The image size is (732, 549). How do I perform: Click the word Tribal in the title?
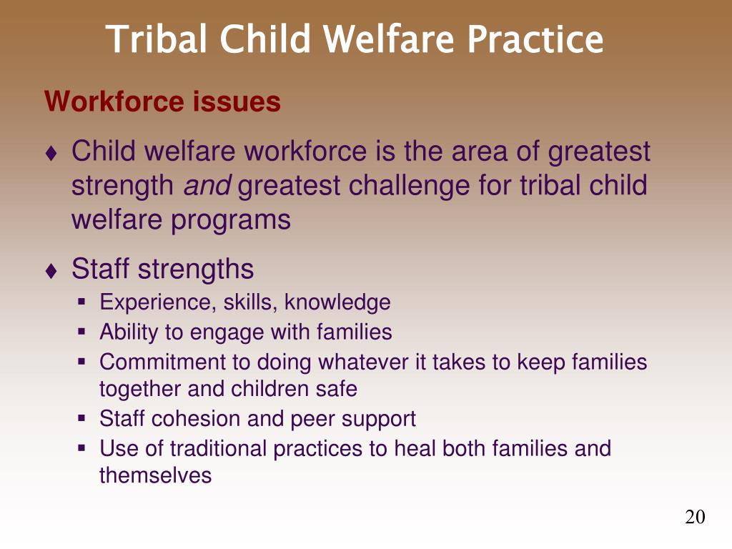[157, 39]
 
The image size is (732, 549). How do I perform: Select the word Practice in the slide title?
[535, 39]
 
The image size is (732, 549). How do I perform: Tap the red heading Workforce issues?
[162, 102]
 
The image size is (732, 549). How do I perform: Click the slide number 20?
[695, 517]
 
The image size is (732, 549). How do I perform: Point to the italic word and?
[207, 185]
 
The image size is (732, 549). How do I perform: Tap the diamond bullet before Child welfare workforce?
[51, 153]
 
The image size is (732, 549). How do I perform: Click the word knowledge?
[337, 302]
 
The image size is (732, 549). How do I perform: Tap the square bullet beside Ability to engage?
[81, 332]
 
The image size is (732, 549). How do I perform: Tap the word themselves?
[155, 475]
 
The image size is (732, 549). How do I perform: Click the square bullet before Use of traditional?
[81, 449]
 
